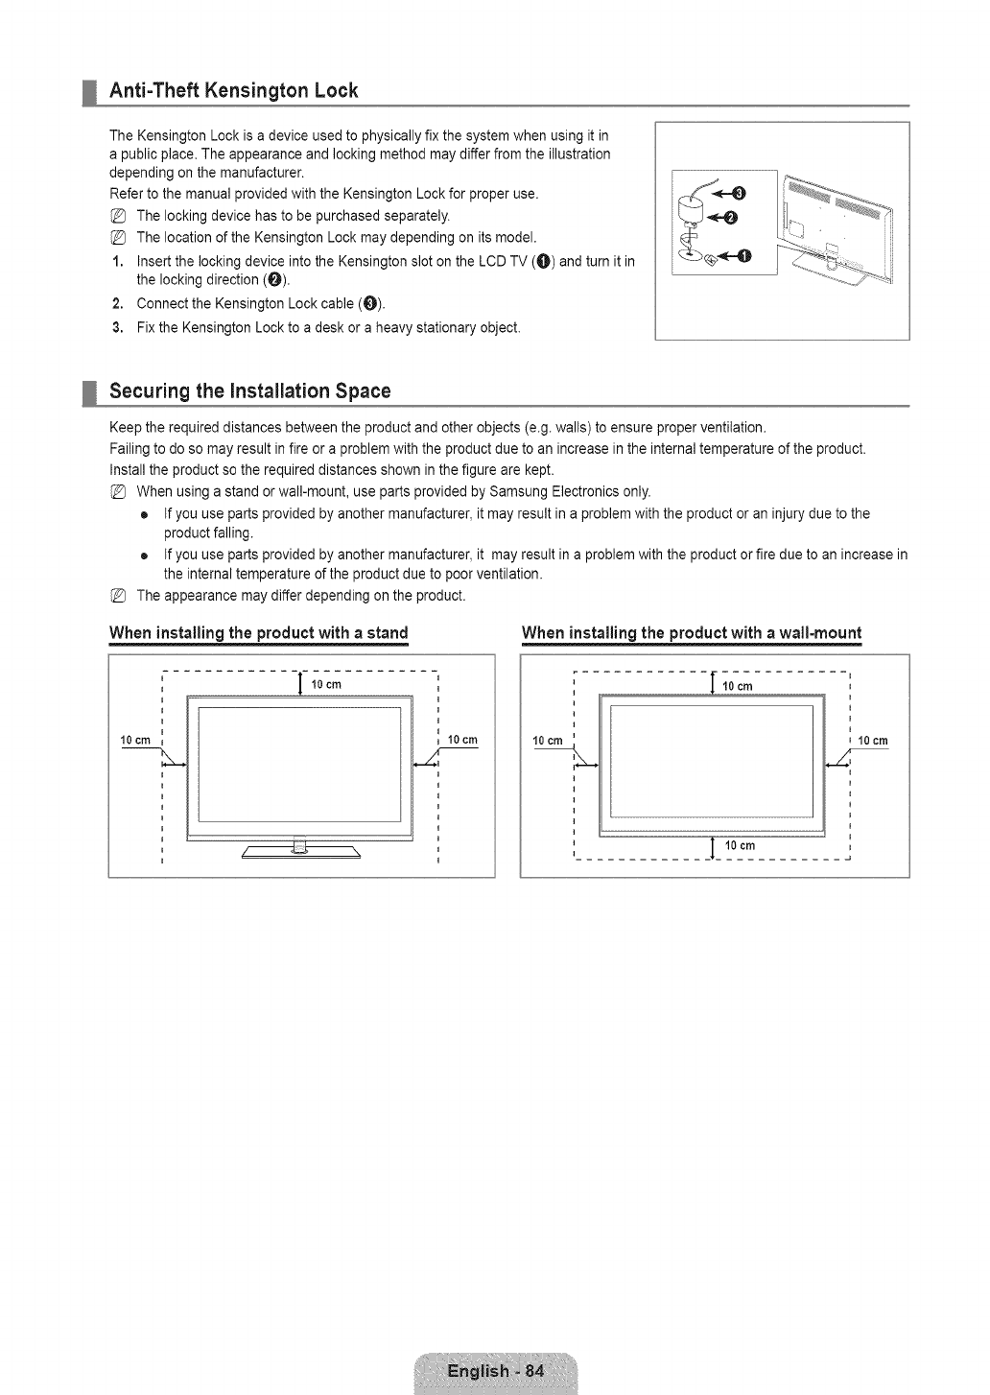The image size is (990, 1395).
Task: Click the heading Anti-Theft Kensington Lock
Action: [234, 91]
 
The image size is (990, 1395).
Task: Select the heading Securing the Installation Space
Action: [250, 391]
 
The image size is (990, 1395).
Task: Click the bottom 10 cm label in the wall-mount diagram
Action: [740, 845]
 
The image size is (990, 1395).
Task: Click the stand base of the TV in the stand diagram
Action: [301, 853]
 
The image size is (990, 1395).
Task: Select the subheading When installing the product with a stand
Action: [259, 633]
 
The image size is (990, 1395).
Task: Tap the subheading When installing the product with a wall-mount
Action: [692, 633]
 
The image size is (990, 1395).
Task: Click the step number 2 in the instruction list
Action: [116, 304]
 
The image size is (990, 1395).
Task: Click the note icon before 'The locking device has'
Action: [118, 215]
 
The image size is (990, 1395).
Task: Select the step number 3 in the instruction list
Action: [116, 327]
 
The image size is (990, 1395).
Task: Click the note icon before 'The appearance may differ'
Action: [118, 596]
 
